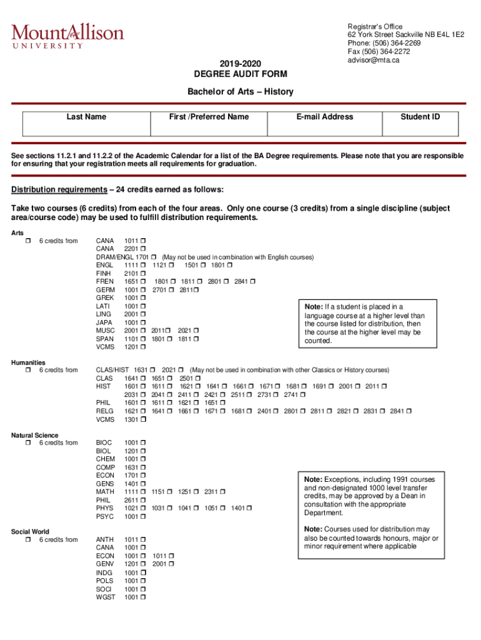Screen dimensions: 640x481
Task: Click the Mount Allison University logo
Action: tap(67, 36)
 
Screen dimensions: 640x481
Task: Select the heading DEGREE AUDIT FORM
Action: tap(241, 74)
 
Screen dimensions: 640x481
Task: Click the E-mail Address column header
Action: tap(325, 117)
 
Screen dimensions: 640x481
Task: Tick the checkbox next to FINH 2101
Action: tap(143, 274)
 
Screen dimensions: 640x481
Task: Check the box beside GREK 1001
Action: tap(143, 298)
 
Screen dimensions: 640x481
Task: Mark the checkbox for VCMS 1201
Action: tap(143, 347)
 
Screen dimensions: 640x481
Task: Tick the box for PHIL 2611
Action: tap(143, 501)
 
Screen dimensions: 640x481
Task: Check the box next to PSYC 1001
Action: tap(143, 517)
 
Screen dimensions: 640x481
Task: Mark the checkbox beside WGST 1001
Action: tap(143, 597)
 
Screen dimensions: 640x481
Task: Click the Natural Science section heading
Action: tap(35, 435)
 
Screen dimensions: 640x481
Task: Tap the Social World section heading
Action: tap(30, 532)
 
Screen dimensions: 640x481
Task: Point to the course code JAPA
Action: tap(105, 322)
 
